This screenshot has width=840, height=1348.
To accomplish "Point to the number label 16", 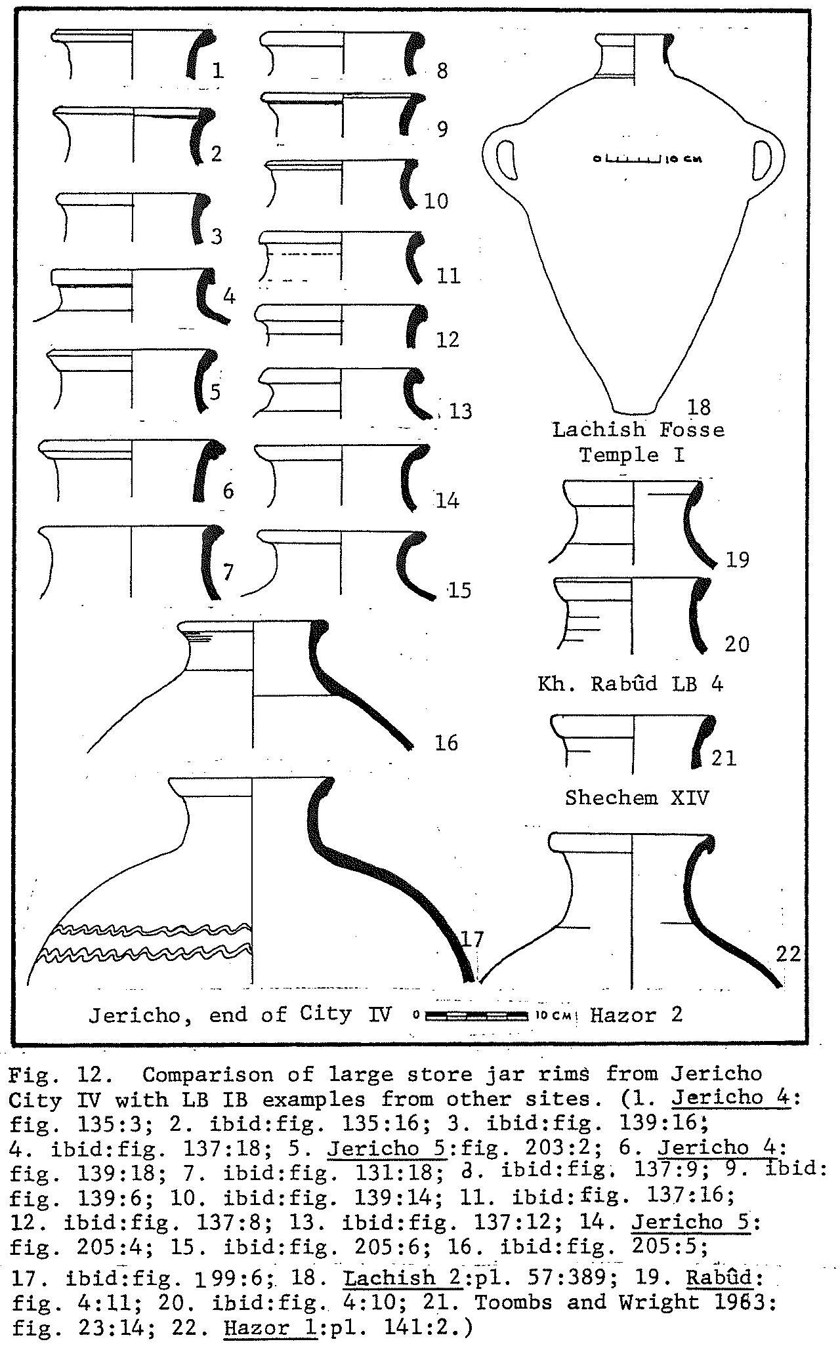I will coord(446,743).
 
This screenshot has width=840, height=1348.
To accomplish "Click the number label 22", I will coord(788,953).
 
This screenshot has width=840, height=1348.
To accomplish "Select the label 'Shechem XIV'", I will coord(637,798).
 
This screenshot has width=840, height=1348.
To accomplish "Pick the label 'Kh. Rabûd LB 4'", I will coord(630,684).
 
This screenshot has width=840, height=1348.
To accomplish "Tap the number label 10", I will coord(436,201).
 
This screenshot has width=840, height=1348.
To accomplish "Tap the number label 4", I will coord(229,296).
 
